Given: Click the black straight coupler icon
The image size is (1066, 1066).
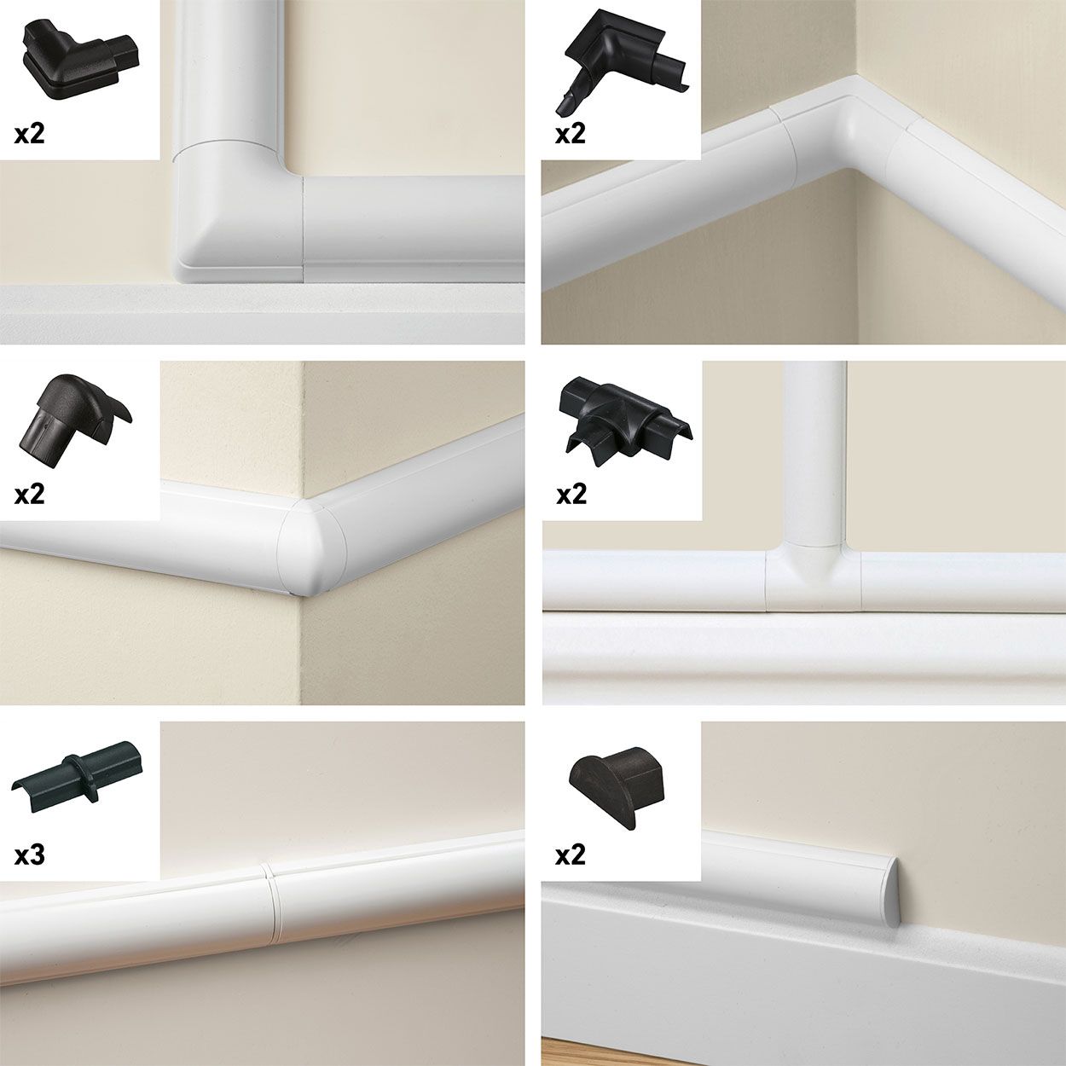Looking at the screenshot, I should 78,779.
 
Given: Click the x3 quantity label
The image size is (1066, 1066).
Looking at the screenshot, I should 30,855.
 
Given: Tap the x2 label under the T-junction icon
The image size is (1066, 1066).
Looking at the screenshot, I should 571,494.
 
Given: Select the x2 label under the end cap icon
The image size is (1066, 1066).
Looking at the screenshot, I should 571,855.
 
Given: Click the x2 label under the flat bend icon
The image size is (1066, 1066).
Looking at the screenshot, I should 30,134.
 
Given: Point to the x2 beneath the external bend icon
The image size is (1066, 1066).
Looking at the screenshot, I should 30,494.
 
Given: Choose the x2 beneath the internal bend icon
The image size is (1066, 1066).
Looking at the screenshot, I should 571,134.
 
